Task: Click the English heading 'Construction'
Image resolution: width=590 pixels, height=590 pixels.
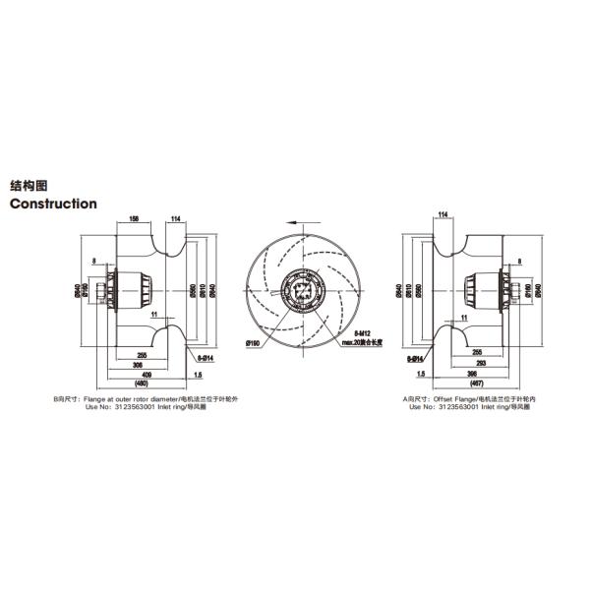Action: pos(53,204)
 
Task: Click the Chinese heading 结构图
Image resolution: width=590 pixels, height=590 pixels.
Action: pos(29,185)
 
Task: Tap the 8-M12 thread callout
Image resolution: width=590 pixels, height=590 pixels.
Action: pos(365,334)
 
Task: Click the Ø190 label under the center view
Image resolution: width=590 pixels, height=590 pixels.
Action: pos(252,343)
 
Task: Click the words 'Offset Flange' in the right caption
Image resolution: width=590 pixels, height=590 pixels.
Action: pos(453,398)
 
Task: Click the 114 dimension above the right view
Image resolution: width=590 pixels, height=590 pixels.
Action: pos(442,214)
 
